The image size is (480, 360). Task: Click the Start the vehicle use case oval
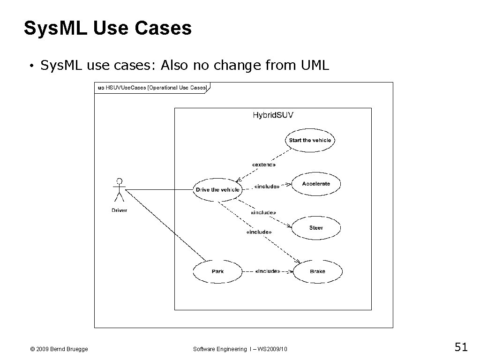coord(310,140)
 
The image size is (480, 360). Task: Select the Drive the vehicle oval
coord(217,190)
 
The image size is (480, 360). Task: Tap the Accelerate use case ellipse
coord(316,184)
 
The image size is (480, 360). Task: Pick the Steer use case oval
coord(316,228)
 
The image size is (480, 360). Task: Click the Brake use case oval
coord(317,271)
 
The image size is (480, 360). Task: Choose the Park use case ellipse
coord(217,271)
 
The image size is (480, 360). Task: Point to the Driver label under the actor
coord(120,210)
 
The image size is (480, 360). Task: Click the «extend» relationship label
coord(263,165)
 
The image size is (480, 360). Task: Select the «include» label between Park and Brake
coord(268,271)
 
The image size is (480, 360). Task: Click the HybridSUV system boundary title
coord(273,115)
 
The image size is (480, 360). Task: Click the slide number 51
coord(461,347)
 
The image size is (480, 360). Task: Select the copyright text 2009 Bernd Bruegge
coord(59,349)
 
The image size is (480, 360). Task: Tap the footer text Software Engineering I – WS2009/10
coord(240,349)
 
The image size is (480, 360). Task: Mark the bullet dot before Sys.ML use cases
coord(30,66)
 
